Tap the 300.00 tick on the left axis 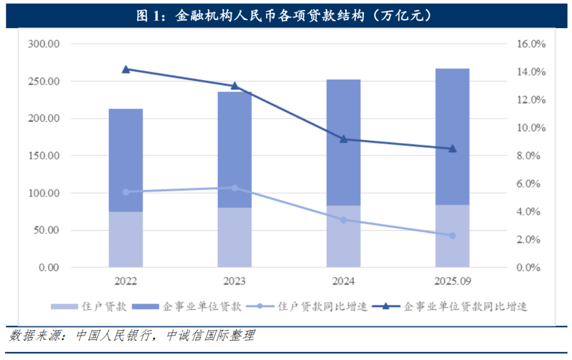(44, 44)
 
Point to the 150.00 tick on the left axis (44, 156)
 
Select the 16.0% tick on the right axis (530, 44)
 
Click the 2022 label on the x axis (126, 281)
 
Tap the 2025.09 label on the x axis (452, 281)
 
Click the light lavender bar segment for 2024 (343, 236)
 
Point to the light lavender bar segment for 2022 (126, 239)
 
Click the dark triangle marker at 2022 (126, 69)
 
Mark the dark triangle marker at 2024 (343, 139)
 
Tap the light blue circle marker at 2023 (235, 188)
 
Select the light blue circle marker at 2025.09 (452, 236)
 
